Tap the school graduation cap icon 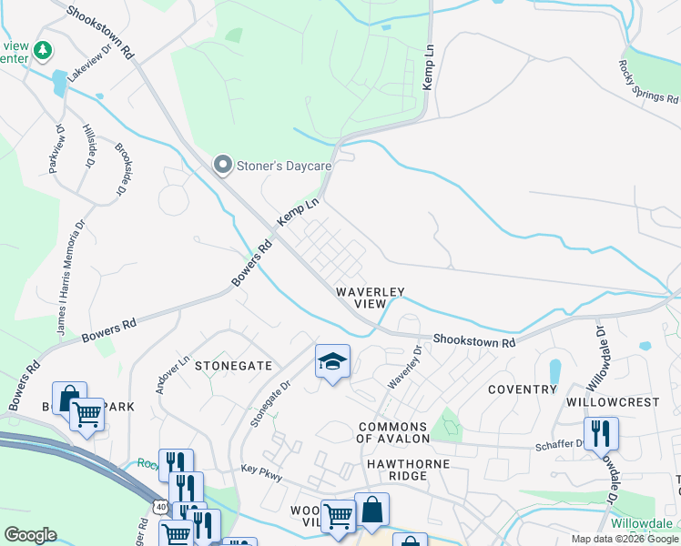click(x=332, y=362)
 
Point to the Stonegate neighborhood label click(x=233, y=365)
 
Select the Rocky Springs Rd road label click(x=648, y=81)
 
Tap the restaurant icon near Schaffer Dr click(x=601, y=433)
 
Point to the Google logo click(x=30, y=535)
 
